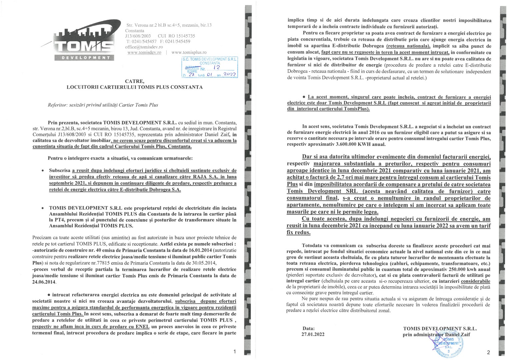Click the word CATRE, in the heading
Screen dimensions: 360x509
(135, 81)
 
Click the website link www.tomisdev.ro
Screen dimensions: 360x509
(144, 52)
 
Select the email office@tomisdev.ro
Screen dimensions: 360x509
(144, 47)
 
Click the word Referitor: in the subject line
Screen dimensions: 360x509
(58, 105)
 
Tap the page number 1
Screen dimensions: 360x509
(235, 352)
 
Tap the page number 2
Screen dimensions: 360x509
(488, 352)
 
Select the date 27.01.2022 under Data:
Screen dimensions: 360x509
(313, 334)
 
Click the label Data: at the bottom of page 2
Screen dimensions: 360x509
(308, 328)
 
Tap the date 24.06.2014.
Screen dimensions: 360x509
(44, 282)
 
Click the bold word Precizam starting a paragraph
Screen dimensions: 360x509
(42, 237)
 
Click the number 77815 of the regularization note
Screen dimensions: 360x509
(101, 263)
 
